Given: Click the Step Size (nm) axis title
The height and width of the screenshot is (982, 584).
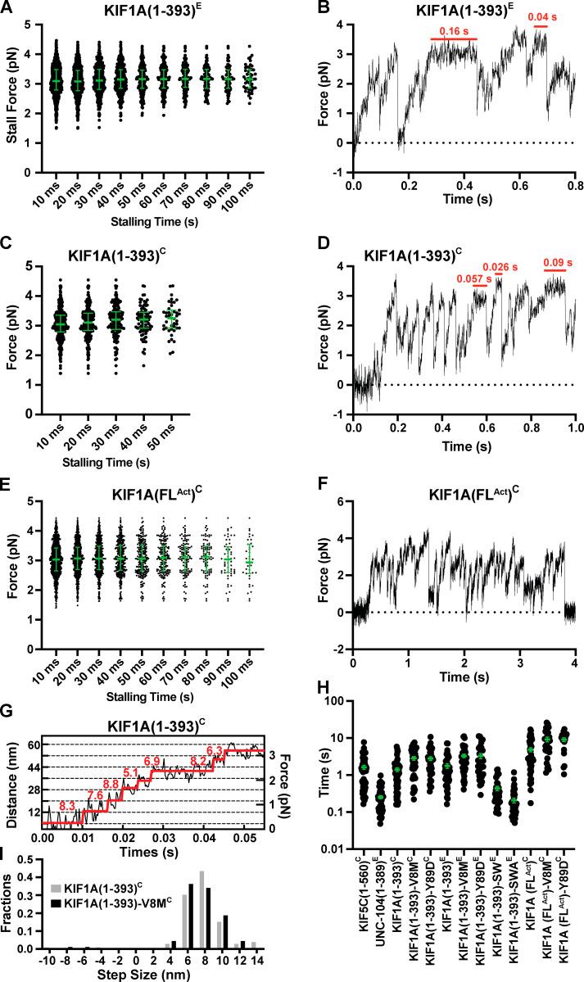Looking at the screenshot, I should [147, 976].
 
